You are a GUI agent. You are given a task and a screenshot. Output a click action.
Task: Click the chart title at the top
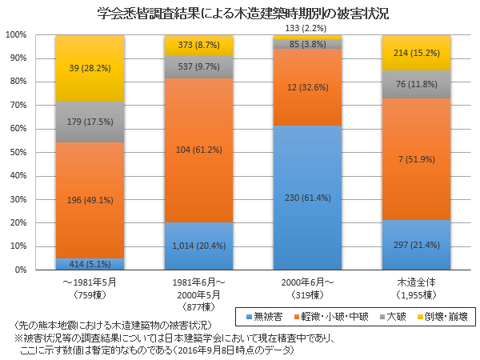[240, 14]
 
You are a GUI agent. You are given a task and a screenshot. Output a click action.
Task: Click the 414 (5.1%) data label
[90, 264]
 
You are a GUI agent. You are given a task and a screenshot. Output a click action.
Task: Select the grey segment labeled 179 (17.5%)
[90, 122]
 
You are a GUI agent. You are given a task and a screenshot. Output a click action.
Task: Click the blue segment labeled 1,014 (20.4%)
[198, 246]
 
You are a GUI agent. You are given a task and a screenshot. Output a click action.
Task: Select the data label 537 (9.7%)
[198, 66]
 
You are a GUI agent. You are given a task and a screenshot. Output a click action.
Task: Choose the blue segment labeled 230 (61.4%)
[307, 198]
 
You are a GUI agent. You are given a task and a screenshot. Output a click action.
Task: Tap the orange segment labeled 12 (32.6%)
[307, 88]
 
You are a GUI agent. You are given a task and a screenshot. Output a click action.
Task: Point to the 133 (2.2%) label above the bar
[307, 29]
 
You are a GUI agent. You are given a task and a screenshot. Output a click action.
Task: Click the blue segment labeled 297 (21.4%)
[416, 245]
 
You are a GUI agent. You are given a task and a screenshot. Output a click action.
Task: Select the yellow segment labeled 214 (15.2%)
[416, 53]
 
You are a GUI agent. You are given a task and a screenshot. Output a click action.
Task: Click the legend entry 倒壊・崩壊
[449, 316]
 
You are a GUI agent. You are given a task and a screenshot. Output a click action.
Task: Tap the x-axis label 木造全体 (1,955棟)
[416, 288]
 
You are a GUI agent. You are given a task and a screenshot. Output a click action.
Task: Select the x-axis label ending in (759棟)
[90, 288]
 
